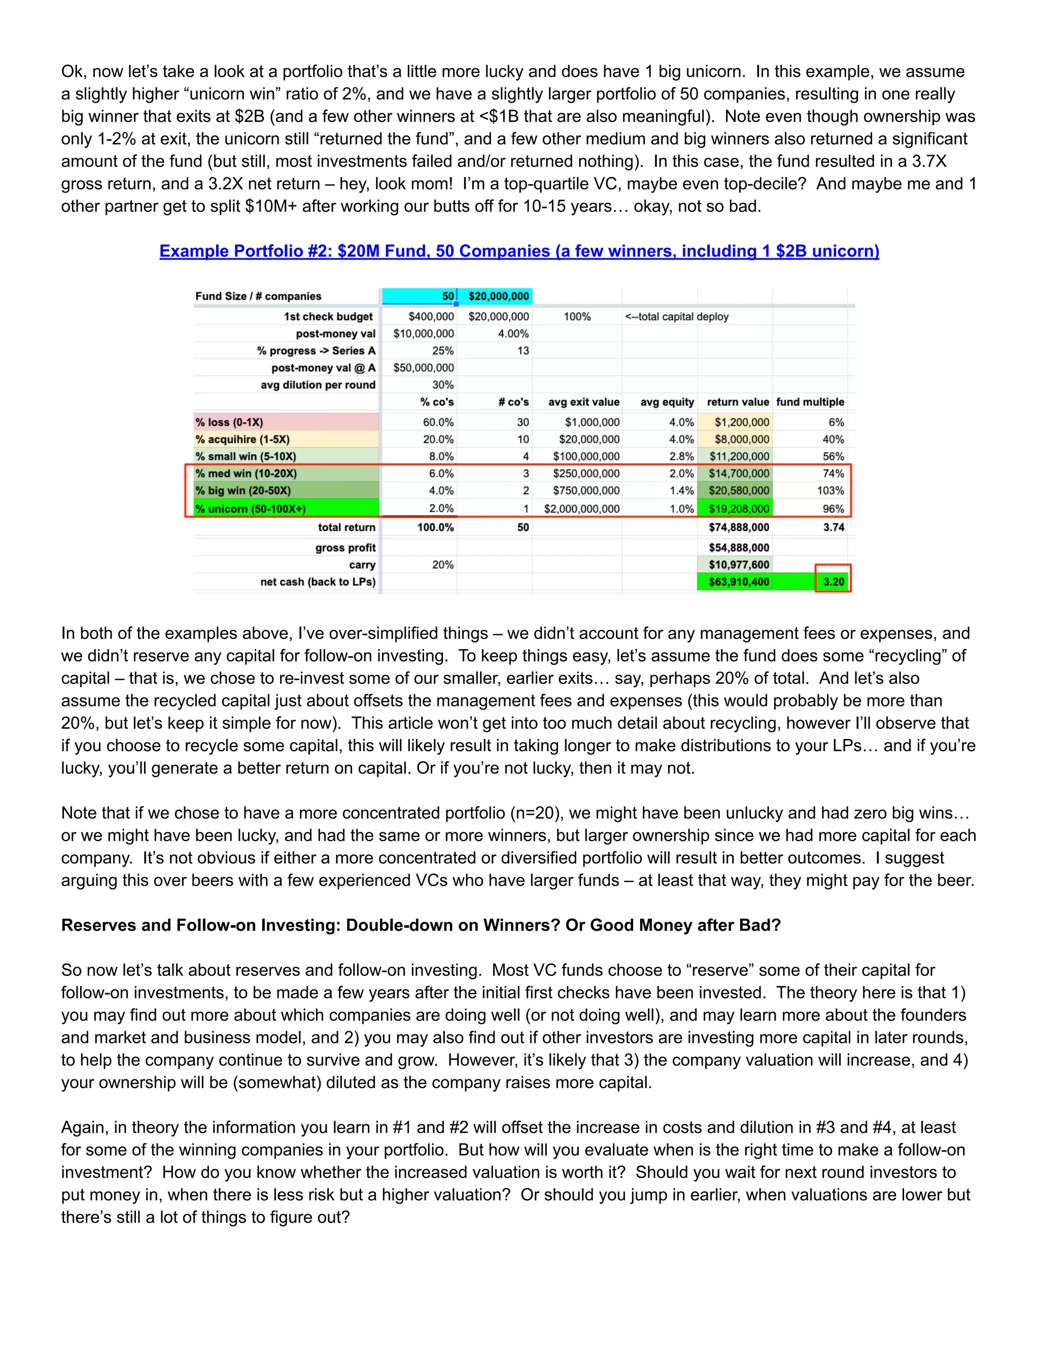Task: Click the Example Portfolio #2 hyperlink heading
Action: [x=519, y=251]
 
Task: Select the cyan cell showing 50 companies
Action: [x=419, y=296]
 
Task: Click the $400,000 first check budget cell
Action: [x=430, y=317]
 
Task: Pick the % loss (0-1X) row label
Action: [x=230, y=422]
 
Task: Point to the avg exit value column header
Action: [x=583, y=402]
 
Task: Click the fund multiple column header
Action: [x=810, y=402]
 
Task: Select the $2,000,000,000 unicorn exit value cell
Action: [x=582, y=509]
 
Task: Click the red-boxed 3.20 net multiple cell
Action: [x=834, y=582]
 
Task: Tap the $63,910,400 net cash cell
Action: [x=739, y=582]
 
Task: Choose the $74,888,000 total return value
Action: [x=739, y=527]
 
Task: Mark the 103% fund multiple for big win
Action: [x=830, y=491]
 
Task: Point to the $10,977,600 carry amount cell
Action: [x=739, y=565]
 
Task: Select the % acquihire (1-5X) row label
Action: [x=243, y=440]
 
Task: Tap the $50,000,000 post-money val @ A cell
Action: [x=424, y=367]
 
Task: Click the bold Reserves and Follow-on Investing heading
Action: [x=421, y=926]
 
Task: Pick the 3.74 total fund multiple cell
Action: [x=834, y=527]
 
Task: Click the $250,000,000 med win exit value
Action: [x=586, y=474]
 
